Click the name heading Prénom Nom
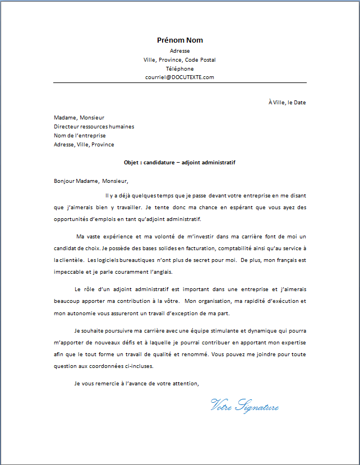(x=179, y=40)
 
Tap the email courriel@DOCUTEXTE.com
(x=179, y=77)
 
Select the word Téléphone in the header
(x=179, y=68)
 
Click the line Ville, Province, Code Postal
(x=179, y=59)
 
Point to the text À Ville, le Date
(x=287, y=103)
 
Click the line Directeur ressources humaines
(x=94, y=127)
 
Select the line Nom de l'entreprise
(x=80, y=136)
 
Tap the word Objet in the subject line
(x=132, y=163)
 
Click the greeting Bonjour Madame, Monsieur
(x=91, y=181)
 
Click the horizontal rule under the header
(x=179, y=83)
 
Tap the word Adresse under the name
(x=179, y=50)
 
